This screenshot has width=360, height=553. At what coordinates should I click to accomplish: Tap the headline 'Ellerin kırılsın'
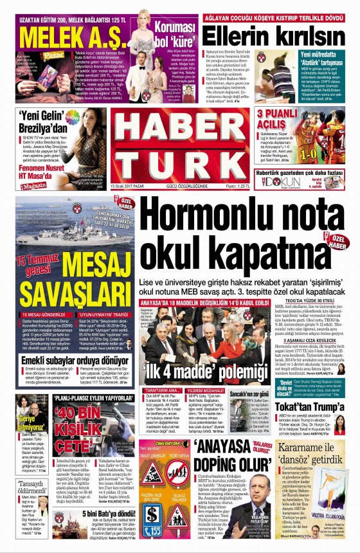(x=276, y=33)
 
